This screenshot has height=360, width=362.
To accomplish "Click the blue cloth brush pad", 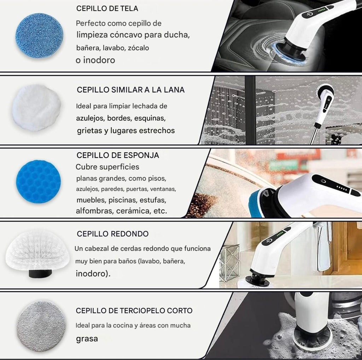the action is pyautogui.click(x=39, y=35).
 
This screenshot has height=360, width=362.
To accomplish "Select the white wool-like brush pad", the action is pyautogui.click(x=36, y=107).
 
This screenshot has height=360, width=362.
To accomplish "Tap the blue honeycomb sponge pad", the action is pyautogui.click(x=38, y=181).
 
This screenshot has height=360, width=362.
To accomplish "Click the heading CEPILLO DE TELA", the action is pyautogui.click(x=107, y=8).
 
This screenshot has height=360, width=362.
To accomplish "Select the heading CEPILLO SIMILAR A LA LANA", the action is pyautogui.click(x=131, y=90).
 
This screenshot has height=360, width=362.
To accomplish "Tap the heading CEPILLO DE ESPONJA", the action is pyautogui.click(x=118, y=155).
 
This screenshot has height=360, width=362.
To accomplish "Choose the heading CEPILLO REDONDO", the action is pyautogui.click(x=113, y=234).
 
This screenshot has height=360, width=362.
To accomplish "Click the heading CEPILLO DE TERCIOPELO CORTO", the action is pyautogui.click(x=134, y=311).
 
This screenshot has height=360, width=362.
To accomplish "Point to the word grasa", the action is pyautogui.click(x=87, y=339).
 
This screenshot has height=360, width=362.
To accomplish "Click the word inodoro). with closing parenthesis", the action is pyautogui.click(x=93, y=273).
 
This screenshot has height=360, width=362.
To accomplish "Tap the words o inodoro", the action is pyautogui.click(x=95, y=60).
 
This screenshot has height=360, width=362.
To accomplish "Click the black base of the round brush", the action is pyautogui.click(x=40, y=273).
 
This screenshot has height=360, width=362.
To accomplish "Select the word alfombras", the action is pyautogui.click(x=94, y=211).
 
